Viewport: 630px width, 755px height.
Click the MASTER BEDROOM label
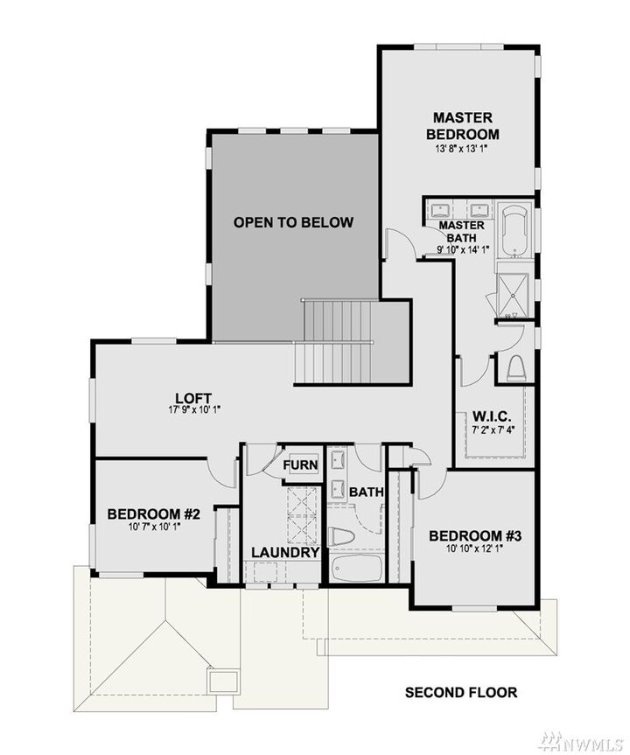coord(462,126)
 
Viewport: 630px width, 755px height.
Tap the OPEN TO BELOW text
coord(293,222)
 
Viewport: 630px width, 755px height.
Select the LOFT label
coord(182,398)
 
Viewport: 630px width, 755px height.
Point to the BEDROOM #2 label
coord(154,514)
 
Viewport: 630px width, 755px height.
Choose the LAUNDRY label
coord(284,553)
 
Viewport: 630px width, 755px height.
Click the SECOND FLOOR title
coord(461,693)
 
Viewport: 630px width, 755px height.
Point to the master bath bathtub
coord(512,229)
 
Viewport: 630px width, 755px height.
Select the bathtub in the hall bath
coord(357,570)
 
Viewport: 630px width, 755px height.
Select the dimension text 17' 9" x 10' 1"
coord(183,409)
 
